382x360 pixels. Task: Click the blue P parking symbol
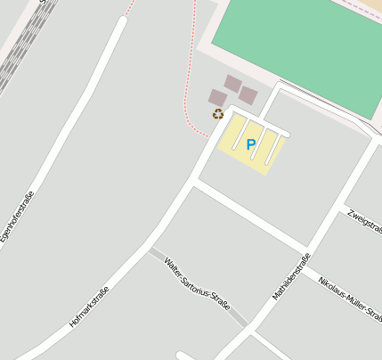click(x=251, y=144)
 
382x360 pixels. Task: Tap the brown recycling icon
click(x=217, y=113)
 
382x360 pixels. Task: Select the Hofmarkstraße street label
click(x=88, y=307)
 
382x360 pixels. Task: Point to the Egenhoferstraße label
click(x=18, y=217)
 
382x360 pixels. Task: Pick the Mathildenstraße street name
click(x=291, y=275)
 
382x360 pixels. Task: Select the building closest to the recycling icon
click(x=217, y=97)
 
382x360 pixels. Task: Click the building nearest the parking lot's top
click(x=248, y=95)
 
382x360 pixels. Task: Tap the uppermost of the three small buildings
click(x=232, y=84)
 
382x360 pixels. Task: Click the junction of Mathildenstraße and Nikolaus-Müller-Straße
click(x=307, y=249)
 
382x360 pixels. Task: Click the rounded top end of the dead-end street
click(x=120, y=20)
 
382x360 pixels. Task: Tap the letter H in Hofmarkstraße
click(x=71, y=323)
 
